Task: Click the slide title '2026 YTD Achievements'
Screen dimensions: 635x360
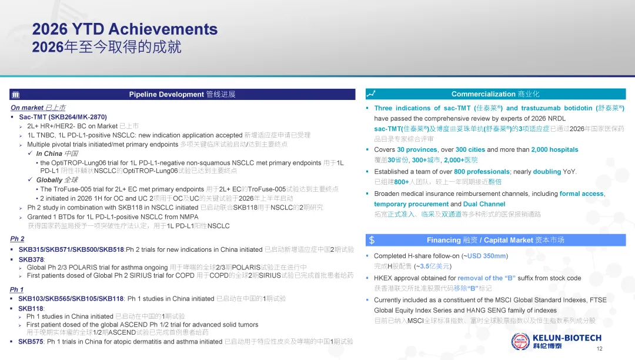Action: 125,29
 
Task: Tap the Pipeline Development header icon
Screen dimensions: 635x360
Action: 16,95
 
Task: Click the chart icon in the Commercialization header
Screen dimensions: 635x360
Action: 371,94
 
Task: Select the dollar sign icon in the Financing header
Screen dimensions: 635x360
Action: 372,240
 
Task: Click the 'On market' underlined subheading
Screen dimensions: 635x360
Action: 27,108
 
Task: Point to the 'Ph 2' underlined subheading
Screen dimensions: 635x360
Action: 17,239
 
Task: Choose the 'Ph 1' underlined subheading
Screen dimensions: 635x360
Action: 16,289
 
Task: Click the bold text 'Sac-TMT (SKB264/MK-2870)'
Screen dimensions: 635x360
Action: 63,117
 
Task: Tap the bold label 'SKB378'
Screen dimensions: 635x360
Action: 31,259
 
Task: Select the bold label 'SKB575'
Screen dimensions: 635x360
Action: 31,342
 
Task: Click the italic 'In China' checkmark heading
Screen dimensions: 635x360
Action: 49,154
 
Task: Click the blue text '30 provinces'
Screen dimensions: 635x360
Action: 417,150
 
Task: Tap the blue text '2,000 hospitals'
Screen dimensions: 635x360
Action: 554,150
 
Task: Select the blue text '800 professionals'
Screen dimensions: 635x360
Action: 482,172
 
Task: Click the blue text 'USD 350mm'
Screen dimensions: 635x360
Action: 487,256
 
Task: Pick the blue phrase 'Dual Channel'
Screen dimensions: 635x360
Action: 484,204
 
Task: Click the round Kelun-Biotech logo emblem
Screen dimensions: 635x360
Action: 520,341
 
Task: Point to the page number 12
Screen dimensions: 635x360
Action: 599,349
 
